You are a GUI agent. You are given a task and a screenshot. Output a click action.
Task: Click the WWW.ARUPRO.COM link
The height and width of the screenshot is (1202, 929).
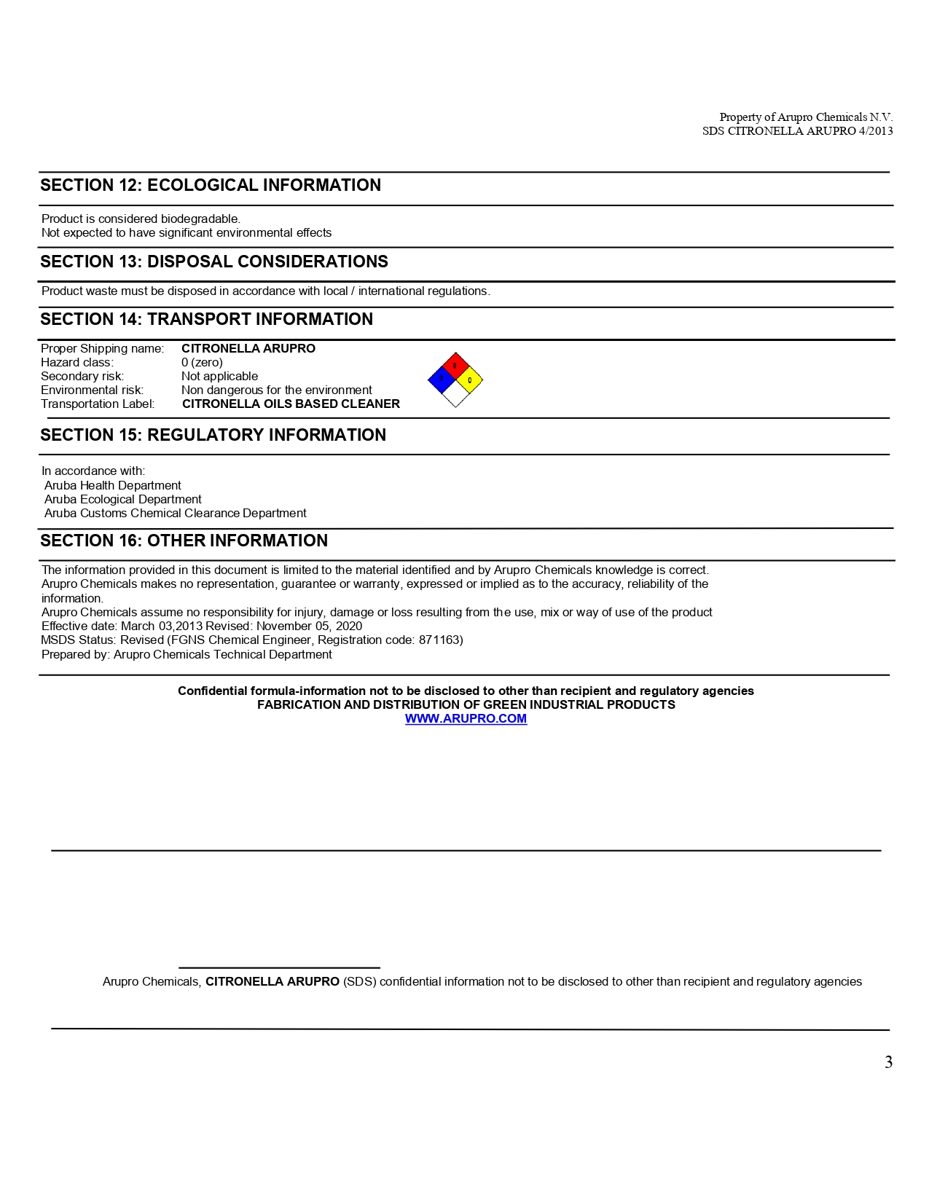(x=466, y=718)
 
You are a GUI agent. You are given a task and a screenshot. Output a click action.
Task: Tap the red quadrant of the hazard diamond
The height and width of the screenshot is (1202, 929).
(x=455, y=365)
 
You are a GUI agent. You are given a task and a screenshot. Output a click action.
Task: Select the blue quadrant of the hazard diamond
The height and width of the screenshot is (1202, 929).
(x=442, y=379)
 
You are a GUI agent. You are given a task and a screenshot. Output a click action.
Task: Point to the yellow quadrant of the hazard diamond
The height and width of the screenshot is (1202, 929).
(x=470, y=380)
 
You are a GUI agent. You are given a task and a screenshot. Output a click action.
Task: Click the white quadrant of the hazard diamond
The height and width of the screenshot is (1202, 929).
(x=455, y=394)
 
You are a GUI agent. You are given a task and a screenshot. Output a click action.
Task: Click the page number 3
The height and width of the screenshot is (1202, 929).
(x=888, y=1062)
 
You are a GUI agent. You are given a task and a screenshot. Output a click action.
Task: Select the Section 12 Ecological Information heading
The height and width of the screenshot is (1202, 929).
(x=211, y=185)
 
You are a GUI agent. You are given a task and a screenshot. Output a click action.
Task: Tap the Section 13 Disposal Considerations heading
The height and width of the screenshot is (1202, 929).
(x=214, y=262)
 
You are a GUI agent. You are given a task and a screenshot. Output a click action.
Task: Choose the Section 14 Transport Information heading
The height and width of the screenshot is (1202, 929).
(x=206, y=319)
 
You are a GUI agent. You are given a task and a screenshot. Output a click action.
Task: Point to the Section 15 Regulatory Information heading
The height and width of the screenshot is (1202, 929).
(x=213, y=435)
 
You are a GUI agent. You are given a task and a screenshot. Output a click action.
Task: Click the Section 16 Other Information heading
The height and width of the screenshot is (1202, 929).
(x=184, y=541)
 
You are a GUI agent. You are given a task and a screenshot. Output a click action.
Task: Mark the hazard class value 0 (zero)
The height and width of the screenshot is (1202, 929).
(x=202, y=362)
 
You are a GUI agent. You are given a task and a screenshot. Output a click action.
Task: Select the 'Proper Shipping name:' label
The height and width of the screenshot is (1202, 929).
(x=102, y=348)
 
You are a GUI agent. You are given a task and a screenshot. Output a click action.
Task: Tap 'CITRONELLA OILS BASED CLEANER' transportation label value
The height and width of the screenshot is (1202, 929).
(x=291, y=404)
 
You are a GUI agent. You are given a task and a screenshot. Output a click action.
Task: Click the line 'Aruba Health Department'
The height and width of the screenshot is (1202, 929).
(x=113, y=485)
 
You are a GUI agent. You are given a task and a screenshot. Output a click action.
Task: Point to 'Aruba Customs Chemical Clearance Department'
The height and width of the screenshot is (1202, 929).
(x=176, y=513)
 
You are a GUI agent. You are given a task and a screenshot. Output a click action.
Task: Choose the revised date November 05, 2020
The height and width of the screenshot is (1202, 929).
(x=309, y=626)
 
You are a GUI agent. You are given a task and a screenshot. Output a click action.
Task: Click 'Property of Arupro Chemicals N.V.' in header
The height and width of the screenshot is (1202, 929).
(x=806, y=117)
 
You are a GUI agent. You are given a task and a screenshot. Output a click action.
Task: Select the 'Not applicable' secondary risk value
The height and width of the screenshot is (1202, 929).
(x=219, y=376)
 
